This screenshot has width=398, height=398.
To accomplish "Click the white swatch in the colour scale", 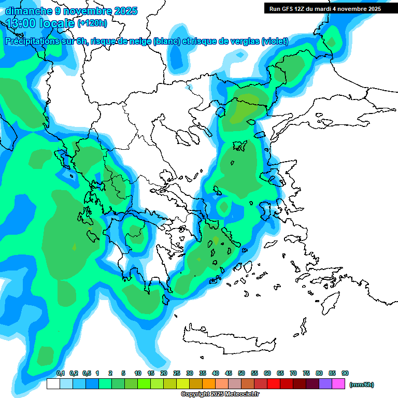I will coord(53,384).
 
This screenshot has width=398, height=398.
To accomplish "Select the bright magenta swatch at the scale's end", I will coord(338,384).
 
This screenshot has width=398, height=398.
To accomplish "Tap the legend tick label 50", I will coord(241,374).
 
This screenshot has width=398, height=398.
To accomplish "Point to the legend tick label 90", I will coord(345,374).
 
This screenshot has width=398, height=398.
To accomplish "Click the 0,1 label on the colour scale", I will coord(61,374).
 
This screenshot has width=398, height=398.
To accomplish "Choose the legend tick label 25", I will coord(177,374).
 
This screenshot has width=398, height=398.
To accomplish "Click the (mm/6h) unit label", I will coord(362,385).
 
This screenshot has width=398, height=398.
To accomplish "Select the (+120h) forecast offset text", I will coord(92,23).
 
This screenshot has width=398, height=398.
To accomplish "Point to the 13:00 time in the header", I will coord(21,23).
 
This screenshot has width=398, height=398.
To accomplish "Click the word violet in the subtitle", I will coord(274,41).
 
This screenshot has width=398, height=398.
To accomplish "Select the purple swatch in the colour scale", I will coord(325,384).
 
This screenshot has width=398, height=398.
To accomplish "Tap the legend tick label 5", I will coord(123,374).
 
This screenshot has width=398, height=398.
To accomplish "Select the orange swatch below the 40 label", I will coord(209,384).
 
